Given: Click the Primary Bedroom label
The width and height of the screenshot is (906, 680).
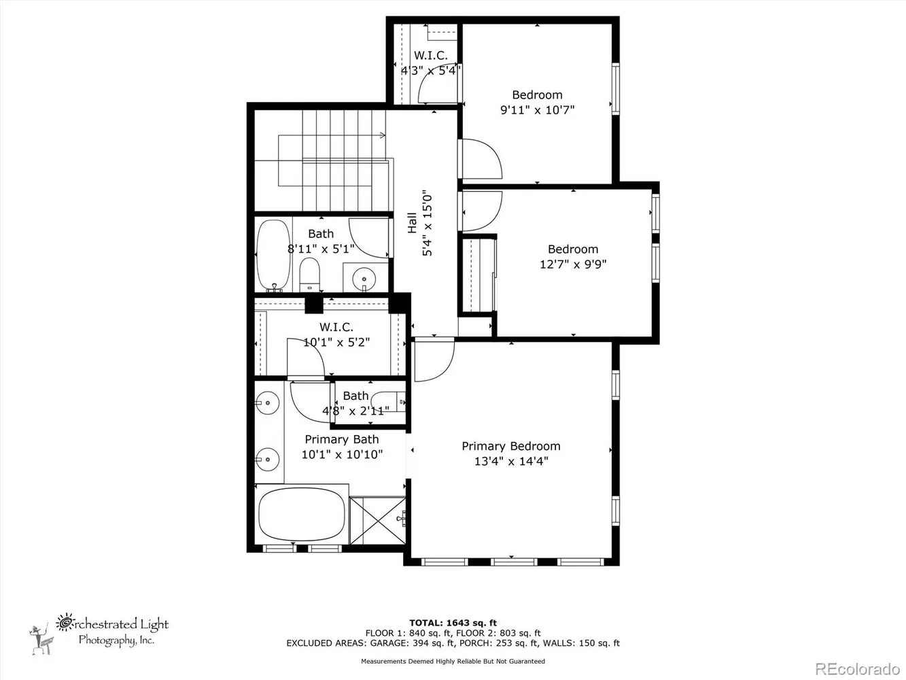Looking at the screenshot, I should [511, 446].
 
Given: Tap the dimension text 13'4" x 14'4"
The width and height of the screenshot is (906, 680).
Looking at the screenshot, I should [511, 462].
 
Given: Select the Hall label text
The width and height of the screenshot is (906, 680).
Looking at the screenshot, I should [412, 223].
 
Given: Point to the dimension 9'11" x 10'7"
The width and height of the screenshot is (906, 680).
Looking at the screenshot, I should [537, 109].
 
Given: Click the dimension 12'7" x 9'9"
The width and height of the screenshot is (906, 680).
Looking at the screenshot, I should [573, 264].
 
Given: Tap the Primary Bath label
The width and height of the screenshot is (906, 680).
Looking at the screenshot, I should [341, 439].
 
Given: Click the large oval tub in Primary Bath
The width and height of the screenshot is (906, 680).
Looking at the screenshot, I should [302, 515].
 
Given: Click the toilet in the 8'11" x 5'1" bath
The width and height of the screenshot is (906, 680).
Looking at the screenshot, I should [309, 273].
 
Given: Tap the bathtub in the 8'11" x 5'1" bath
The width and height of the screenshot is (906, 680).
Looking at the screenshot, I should [273, 255].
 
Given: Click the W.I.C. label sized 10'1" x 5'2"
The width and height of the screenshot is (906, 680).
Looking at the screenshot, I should [336, 327].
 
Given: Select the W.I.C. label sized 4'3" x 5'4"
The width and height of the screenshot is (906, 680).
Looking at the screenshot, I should [430, 56].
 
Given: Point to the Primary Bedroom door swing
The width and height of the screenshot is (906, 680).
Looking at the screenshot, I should [432, 360].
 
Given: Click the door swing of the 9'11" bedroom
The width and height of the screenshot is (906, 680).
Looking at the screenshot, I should [480, 158].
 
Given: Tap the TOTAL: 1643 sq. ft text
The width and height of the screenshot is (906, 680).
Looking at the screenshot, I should [453, 622].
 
